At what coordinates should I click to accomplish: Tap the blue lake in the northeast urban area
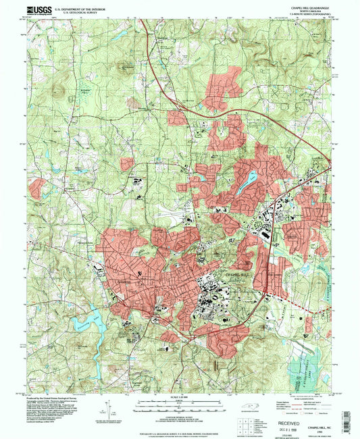[x=250, y=178]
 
